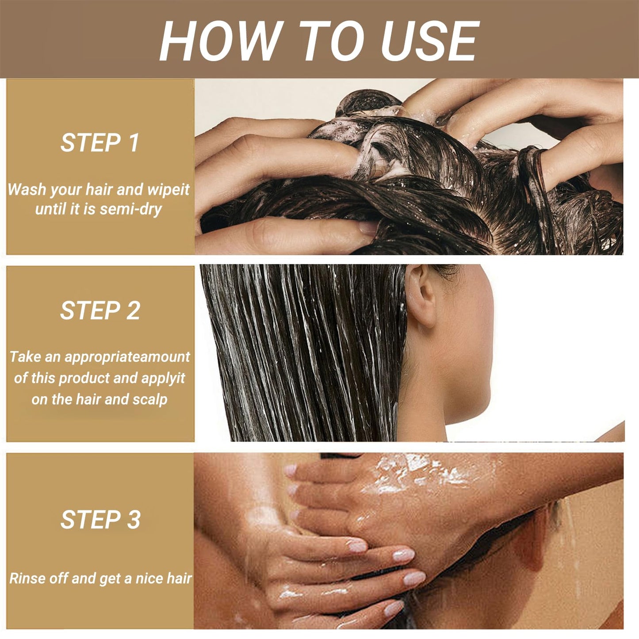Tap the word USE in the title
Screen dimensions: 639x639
click(430, 41)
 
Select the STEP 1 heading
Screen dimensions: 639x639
click(99, 142)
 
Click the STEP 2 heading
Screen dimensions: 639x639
click(100, 310)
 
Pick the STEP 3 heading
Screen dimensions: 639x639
click(100, 520)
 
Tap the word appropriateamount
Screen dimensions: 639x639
click(127, 357)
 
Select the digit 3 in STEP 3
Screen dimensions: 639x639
click(134, 520)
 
